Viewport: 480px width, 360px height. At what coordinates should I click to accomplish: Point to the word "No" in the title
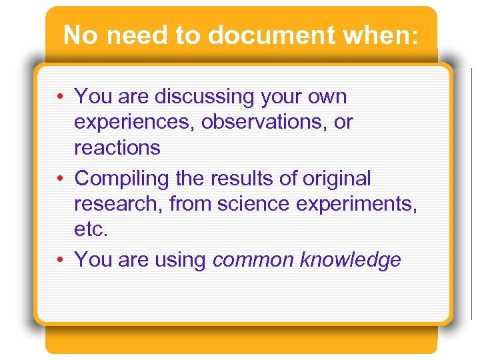pos(80,35)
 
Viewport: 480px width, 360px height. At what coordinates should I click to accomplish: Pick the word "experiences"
pos(128,123)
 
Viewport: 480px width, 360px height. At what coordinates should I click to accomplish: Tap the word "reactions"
pos(117,147)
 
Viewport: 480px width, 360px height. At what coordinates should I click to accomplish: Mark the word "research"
pos(118,204)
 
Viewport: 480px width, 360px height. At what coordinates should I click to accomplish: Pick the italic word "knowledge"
pos(351,260)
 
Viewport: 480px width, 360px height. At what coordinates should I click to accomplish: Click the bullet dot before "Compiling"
pos(61,179)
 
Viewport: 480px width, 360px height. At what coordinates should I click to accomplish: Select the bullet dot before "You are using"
pos(61,259)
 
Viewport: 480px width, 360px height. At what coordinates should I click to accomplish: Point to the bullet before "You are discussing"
pos(61,97)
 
